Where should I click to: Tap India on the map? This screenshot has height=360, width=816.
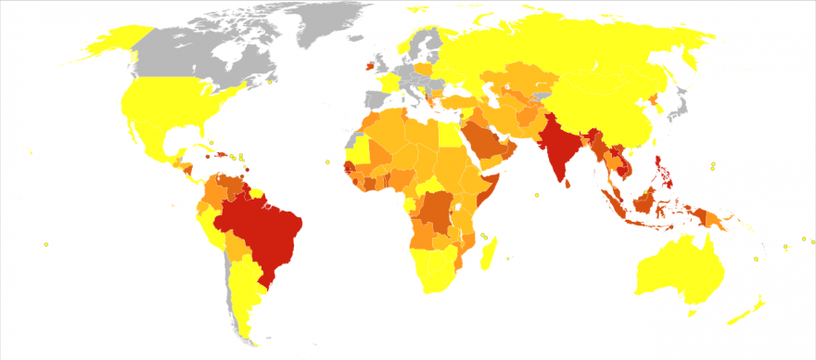point(559,144)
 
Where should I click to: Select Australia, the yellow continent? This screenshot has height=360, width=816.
point(682,264)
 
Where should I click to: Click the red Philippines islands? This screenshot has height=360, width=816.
point(661,167)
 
